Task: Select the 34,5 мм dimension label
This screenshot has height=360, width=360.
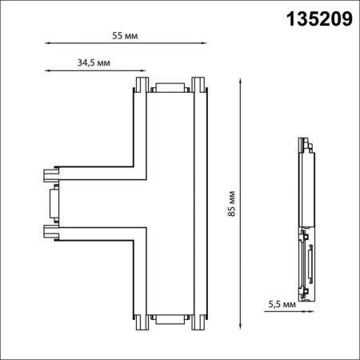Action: [x=94, y=62]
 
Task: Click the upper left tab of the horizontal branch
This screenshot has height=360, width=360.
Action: [x=50, y=172]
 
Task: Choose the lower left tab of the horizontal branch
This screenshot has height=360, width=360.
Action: [x=50, y=234]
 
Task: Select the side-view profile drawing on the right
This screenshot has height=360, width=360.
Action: [x=306, y=220]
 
